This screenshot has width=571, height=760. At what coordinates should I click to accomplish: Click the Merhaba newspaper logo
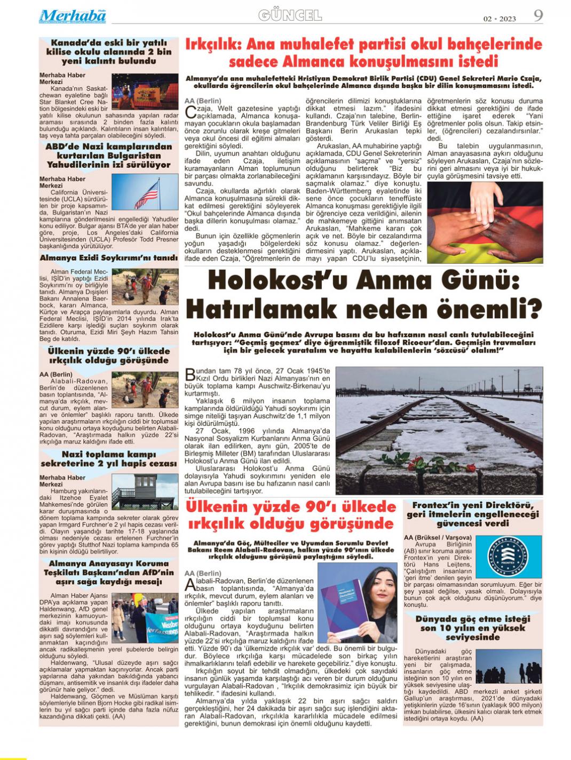click(72, 16)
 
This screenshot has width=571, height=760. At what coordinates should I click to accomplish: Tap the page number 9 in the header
click(538, 15)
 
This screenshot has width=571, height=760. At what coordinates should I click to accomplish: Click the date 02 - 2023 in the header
click(499, 19)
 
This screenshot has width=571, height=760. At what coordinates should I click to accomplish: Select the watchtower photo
click(145, 491)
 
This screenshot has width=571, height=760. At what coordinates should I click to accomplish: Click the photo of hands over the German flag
click(485, 222)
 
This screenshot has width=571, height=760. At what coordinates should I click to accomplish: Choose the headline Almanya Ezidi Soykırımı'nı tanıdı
click(109, 258)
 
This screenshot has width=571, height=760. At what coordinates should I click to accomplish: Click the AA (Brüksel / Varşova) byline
click(438, 537)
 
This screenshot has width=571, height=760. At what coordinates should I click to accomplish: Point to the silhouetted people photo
click(509, 666)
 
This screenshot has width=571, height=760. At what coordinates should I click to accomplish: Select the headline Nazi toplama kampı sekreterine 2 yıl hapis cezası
click(109, 459)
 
